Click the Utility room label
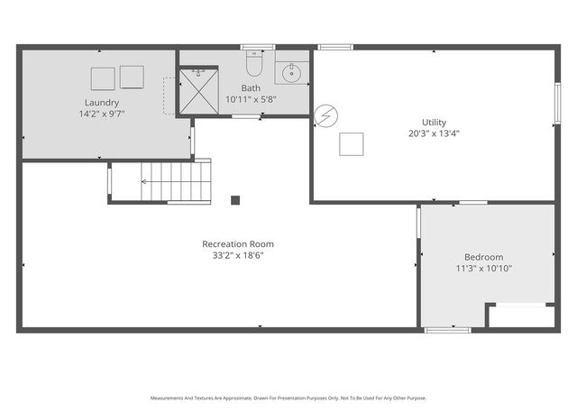pos(434,122)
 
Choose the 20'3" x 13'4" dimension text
pos(434,133)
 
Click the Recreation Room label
pos(238,243)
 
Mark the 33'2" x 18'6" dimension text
pos(238,255)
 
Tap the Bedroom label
pos(484,256)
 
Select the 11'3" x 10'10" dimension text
pos(484,269)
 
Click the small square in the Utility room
pos(351,145)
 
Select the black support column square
pos(235,200)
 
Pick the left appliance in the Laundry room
pos(103,78)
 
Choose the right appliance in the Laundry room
pos(132,78)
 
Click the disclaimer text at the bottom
pos(288,398)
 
